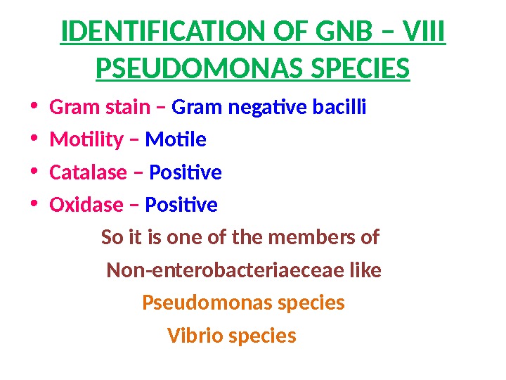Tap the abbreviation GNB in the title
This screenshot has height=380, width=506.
pos(333,32)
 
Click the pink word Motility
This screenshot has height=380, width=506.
pos(84,141)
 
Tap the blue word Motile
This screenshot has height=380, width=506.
pos(176,141)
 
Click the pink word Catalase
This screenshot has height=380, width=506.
pos(89,172)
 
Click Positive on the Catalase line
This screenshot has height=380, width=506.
pos(186,172)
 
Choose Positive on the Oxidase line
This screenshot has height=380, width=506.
pos(181,205)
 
